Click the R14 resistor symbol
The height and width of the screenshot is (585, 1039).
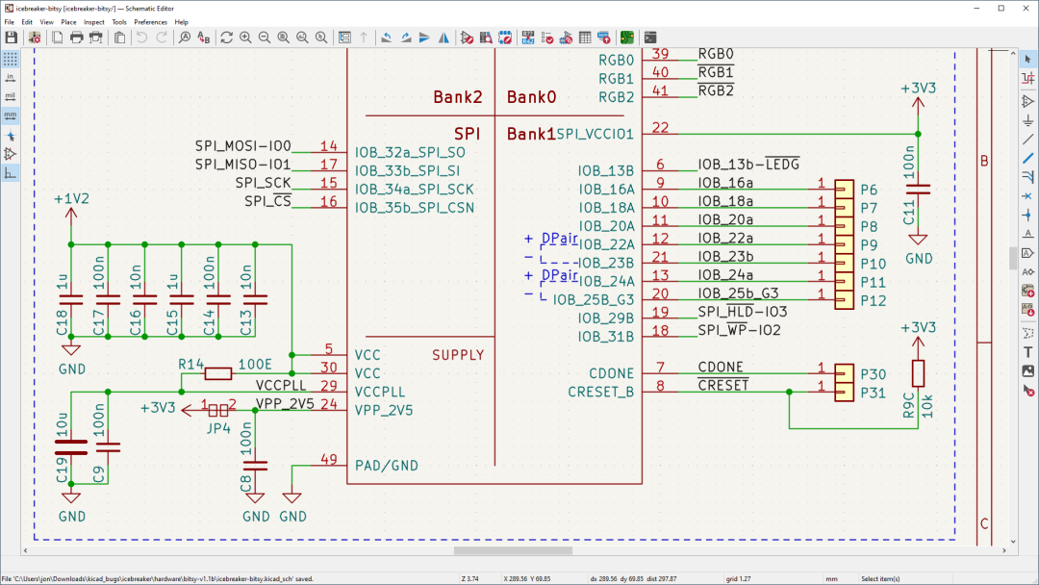click(217, 373)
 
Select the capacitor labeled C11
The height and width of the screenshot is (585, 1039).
click(919, 189)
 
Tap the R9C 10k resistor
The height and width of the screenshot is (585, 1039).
click(919, 374)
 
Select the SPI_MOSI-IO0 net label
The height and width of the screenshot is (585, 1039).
click(242, 146)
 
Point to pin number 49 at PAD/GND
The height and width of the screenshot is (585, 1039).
click(329, 460)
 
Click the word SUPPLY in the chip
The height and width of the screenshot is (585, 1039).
click(458, 355)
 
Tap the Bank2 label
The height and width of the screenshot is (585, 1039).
click(457, 97)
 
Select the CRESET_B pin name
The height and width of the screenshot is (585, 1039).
click(600, 392)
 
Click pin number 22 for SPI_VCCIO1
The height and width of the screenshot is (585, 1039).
click(660, 128)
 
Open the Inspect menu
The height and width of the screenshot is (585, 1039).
click(94, 21)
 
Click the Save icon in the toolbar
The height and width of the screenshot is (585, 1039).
click(12, 38)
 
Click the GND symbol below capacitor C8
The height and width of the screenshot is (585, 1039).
click(256, 505)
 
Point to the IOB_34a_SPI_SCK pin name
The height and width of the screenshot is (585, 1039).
click(414, 189)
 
